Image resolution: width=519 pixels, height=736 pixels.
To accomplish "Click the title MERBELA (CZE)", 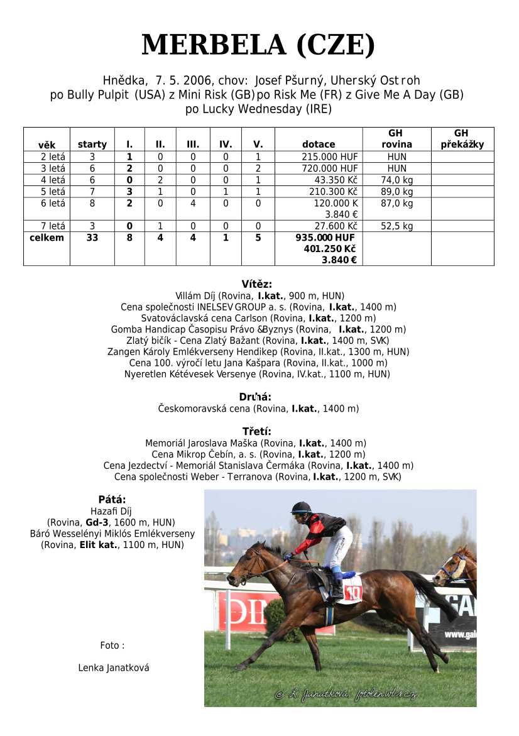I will [x=258, y=45].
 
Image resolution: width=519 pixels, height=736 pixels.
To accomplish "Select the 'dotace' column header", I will [x=319, y=145].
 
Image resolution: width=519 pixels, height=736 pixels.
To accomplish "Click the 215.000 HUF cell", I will [x=329, y=157].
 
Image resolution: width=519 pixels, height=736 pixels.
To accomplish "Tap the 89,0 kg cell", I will [x=396, y=192].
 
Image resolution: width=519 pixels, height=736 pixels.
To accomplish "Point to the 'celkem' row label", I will [x=46, y=238].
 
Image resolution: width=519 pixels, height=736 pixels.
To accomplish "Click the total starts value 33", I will [x=92, y=238].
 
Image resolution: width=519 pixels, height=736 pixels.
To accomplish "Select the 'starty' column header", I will [x=92, y=145].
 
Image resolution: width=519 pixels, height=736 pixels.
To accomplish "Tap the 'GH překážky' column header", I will [x=462, y=139].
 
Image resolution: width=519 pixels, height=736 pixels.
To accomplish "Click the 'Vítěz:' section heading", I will [x=257, y=284].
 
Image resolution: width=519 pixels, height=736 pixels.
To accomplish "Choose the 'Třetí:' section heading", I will [x=257, y=431].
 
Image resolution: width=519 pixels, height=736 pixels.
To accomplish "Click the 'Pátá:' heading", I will [x=112, y=500].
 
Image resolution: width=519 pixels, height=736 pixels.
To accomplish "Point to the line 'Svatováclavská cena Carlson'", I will [x=258, y=318].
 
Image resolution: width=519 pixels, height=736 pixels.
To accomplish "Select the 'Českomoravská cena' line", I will [x=258, y=409].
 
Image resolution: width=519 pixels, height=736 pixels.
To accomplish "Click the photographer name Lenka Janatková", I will [x=114, y=667].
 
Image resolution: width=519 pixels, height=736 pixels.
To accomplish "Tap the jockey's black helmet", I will [x=301, y=507].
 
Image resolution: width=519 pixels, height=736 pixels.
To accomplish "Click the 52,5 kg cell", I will [x=396, y=226].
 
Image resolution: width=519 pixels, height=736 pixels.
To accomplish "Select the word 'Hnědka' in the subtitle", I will [x=125, y=80].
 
